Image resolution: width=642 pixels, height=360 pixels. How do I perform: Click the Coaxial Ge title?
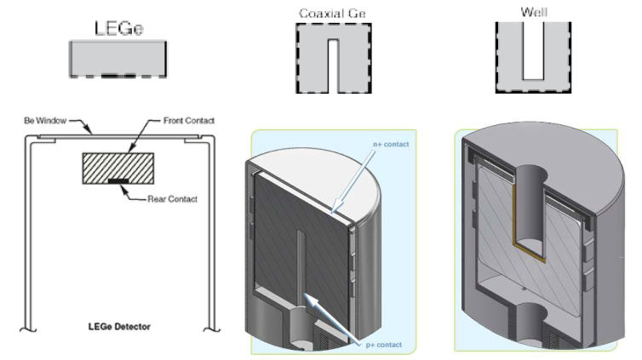[x=333, y=14]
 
